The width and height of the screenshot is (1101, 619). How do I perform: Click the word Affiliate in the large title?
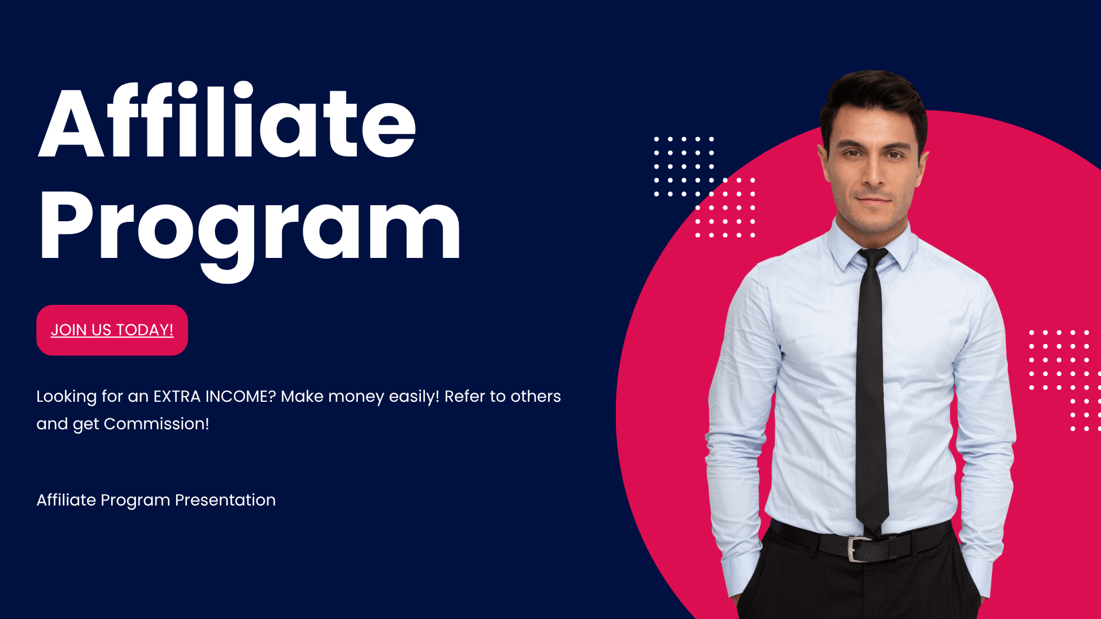coord(227,120)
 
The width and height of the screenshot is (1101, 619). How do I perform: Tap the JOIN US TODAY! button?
coord(112,330)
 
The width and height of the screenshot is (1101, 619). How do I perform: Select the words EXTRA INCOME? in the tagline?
coord(214,397)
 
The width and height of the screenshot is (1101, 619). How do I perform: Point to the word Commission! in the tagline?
coord(157,424)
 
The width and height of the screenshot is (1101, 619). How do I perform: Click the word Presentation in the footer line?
coord(225,500)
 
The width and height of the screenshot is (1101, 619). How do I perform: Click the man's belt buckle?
coord(858,549)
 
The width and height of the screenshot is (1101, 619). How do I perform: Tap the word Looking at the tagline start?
coord(67,397)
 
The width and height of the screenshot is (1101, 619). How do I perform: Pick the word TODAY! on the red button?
coord(145,330)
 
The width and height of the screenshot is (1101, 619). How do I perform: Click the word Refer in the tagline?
coord(464,397)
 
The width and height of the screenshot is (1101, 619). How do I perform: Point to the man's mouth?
coord(873,200)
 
